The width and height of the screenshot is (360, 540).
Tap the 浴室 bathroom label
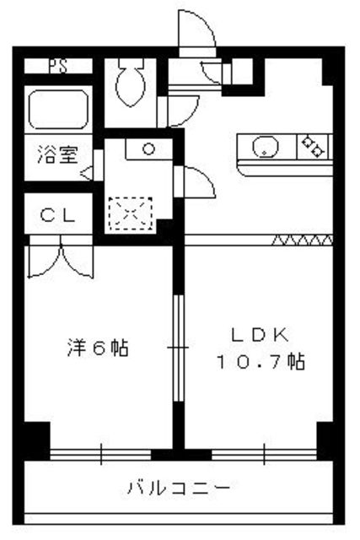[56, 155]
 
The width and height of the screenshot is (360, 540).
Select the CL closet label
[58, 216]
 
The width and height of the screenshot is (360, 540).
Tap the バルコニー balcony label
[178, 488]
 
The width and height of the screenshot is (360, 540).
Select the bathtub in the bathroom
[56, 110]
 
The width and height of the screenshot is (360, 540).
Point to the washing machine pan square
[129, 213]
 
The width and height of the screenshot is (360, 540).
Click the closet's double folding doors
[59, 259]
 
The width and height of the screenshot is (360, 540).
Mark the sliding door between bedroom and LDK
[178, 347]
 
